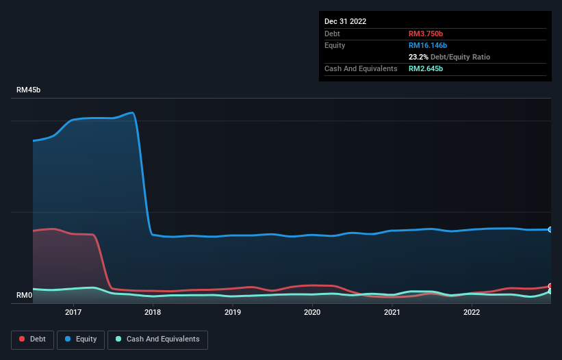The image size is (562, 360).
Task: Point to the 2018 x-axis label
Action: [x=153, y=312]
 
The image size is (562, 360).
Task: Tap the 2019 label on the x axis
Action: [x=233, y=312]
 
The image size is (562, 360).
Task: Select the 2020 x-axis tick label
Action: [x=312, y=312]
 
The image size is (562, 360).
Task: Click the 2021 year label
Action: [x=392, y=312]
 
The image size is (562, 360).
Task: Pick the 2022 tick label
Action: [x=472, y=312]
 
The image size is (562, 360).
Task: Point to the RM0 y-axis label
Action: [x=25, y=296]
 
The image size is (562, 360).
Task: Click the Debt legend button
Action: [x=31, y=339]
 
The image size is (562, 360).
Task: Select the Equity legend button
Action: [x=81, y=339]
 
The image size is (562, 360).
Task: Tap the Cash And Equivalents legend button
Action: [x=157, y=339]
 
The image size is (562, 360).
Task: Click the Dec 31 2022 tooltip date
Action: [x=346, y=21]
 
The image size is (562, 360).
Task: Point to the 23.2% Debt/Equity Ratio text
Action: [x=449, y=57]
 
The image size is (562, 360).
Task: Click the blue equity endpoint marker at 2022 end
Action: [x=550, y=229]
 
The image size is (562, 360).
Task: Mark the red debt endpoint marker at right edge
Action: [x=550, y=286]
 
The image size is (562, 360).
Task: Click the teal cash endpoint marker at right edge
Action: [x=550, y=292]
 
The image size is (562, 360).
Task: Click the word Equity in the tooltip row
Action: [x=335, y=45]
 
